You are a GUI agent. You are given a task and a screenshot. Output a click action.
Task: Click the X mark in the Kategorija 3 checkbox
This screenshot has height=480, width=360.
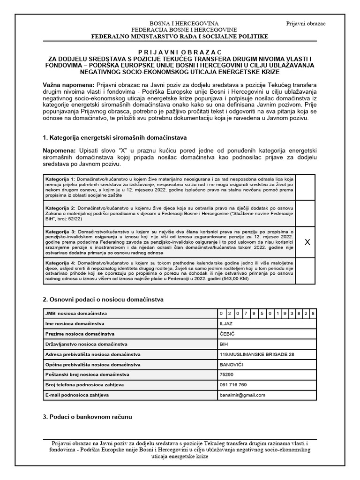307,242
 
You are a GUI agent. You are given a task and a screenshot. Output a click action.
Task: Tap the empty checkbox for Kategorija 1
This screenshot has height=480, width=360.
307,187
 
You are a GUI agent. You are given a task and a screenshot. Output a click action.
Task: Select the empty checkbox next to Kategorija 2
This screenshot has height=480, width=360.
307,213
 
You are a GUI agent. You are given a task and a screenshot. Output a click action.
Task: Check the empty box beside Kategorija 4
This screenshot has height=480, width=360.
307,271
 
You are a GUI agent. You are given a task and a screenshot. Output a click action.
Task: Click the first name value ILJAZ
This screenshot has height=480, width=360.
226,324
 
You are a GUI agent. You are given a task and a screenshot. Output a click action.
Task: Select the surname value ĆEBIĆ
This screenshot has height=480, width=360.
227,334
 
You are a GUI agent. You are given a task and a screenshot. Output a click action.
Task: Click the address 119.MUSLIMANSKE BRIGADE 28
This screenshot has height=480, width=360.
257,354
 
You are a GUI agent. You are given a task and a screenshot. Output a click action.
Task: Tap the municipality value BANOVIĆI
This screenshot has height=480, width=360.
232,364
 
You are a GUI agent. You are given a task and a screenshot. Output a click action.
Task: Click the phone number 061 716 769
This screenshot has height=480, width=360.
233,385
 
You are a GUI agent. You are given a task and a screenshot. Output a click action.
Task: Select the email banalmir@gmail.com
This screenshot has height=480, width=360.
242,395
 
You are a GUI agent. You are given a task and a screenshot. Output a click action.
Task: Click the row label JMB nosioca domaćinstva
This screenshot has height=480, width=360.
76,314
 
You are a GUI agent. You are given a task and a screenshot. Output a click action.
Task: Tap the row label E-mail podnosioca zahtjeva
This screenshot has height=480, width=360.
77,395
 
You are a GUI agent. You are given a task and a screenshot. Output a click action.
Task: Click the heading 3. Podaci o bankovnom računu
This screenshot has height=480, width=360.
88,416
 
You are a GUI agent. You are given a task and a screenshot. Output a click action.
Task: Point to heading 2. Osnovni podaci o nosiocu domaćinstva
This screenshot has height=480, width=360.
103,300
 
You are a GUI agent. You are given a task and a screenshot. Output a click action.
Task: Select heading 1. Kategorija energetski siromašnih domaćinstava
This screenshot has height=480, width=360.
115,138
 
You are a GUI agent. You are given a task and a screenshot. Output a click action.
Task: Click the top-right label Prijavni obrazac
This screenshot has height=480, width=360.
306,23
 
